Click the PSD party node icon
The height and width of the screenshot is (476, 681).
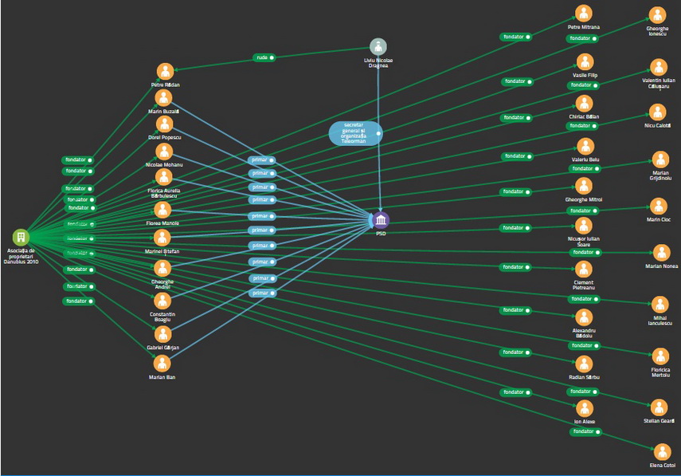click(x=381, y=220)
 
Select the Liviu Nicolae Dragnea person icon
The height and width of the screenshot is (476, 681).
click(x=378, y=47)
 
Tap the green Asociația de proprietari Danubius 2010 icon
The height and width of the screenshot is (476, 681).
click(x=21, y=237)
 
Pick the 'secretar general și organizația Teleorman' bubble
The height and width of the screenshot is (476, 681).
click(x=355, y=132)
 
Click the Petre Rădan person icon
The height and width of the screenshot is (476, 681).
click(x=165, y=71)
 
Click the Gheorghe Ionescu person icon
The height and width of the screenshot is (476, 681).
click(x=657, y=15)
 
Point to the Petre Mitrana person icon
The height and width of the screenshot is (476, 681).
click(x=584, y=14)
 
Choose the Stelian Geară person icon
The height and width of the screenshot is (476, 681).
click(x=659, y=407)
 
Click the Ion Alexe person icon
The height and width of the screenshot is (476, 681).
click(x=584, y=406)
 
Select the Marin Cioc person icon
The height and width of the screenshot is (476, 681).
click(x=658, y=207)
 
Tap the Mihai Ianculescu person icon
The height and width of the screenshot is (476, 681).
click(x=659, y=304)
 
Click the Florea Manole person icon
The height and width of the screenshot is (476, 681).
click(x=162, y=210)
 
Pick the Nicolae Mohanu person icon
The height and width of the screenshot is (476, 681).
click(x=164, y=151)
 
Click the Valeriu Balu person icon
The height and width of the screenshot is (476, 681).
click(x=585, y=146)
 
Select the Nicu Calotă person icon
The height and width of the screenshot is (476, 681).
click(x=657, y=112)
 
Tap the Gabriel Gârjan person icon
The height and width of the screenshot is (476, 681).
click(x=162, y=334)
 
